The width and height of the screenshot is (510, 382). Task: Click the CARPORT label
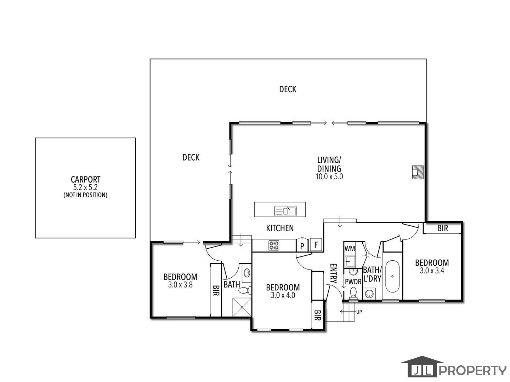pos(85,180)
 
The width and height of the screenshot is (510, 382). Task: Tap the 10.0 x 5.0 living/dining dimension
pos(329,177)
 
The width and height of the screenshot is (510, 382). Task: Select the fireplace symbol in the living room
pos(418,172)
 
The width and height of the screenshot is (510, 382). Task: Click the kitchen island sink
pos(285,211)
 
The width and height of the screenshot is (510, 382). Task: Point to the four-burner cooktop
pos(274,245)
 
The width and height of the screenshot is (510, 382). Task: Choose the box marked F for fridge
pos(316,245)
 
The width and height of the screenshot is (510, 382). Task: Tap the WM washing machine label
pos(350,249)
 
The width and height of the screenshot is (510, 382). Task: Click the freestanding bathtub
pos(392,276)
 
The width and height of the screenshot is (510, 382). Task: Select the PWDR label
pos(353,282)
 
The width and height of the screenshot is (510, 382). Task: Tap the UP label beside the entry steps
pos(359,312)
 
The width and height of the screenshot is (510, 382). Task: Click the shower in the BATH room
pos(242,307)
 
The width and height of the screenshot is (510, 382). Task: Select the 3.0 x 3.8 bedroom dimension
pos(180,285)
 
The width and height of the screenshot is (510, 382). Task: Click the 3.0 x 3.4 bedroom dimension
pos(432,271)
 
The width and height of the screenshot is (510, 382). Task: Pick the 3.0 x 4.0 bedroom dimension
pos(283,296)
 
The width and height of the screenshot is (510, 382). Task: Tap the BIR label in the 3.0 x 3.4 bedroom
pos(442,228)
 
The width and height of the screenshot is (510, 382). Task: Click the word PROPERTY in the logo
pos(472,370)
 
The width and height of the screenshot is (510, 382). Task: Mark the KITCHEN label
pos(280,228)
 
